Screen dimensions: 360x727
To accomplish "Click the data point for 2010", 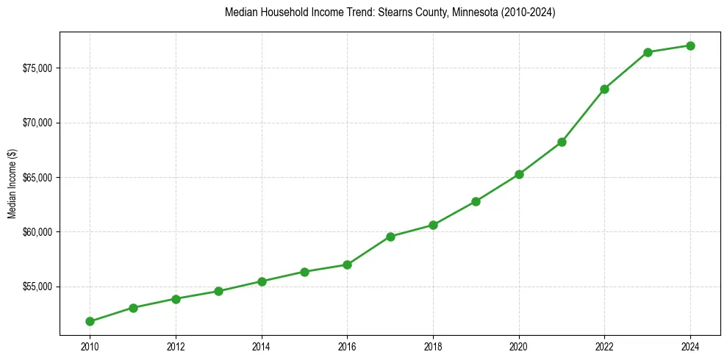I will coord(90,321).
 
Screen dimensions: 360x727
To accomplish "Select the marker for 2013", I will coord(218,291).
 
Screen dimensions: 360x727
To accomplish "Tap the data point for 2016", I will coord(347,264).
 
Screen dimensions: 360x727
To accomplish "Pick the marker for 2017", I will coord(390,237).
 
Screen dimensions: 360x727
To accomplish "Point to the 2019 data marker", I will coord(476,201).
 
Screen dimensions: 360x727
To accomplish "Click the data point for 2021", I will coord(562,142).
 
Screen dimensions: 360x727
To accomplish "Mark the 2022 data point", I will coord(604,89).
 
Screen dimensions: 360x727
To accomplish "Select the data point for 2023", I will coord(648,52).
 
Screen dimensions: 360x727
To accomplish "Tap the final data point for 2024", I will coord(690,46).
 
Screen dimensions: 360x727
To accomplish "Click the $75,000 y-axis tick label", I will coord(37,68).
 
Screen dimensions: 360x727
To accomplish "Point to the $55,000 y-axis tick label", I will coord(37,287).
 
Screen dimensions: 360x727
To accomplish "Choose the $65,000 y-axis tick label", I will coord(37,178).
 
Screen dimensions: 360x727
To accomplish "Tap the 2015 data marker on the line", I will coord(304,272).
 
